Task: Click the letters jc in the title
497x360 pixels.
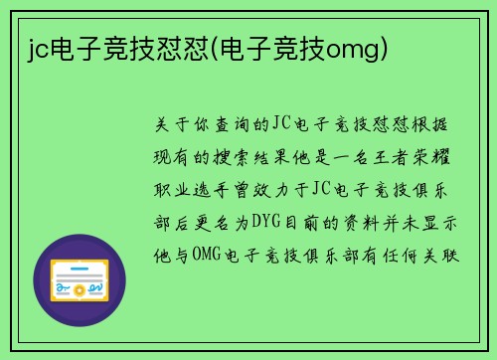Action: click(38, 48)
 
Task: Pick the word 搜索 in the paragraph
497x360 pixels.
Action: click(262, 156)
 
